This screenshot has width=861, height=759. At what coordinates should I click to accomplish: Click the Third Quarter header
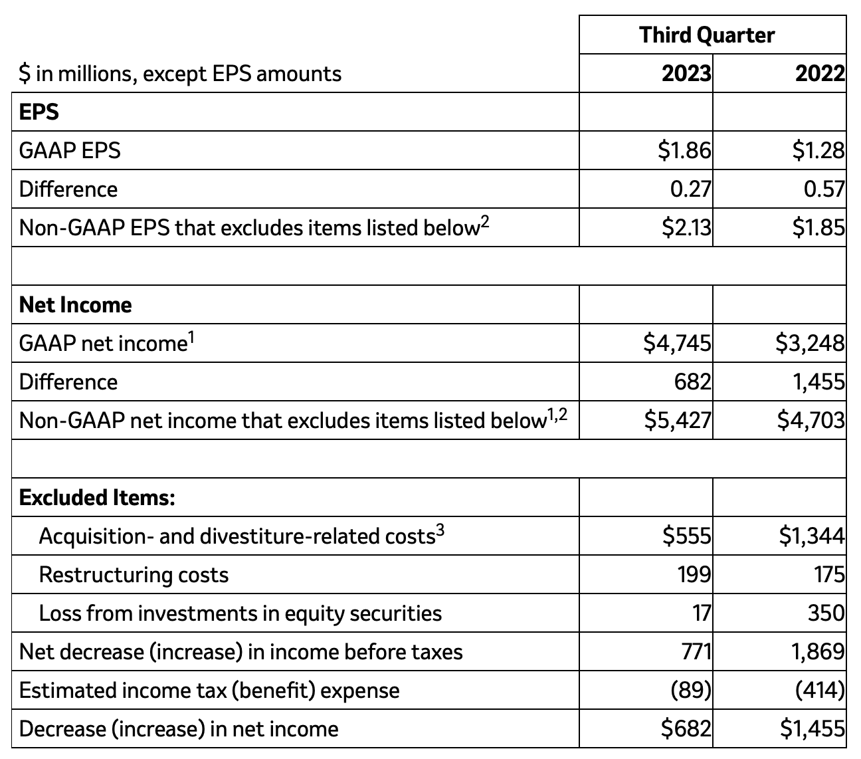tap(707, 35)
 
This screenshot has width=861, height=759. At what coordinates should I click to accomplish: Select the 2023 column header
tap(686, 73)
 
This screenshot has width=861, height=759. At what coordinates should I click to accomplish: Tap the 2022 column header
tap(820, 73)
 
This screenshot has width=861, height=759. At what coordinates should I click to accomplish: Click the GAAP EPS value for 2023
tap(684, 151)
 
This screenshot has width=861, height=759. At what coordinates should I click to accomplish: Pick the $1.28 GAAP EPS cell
tap(818, 151)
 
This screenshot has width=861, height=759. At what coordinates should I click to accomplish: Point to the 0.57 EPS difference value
tap(824, 189)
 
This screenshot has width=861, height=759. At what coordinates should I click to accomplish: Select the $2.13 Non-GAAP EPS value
tap(686, 228)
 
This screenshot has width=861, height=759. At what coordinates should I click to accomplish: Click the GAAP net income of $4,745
tap(677, 343)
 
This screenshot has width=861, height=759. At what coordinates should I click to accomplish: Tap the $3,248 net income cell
tap(811, 343)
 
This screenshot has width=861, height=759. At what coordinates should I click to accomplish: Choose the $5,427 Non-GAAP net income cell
tap(677, 420)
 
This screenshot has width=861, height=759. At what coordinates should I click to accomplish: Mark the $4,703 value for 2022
tap(811, 420)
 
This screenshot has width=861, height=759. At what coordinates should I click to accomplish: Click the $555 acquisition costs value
tap(686, 536)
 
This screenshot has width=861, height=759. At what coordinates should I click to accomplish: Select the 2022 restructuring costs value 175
tap(829, 574)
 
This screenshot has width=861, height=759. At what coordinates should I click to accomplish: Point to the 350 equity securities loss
tap(826, 613)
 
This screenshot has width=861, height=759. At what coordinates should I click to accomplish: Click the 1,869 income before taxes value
tap(818, 651)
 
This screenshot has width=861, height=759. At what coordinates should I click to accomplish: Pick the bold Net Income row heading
tap(75, 305)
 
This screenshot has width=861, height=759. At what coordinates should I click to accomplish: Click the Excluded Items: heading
tap(97, 497)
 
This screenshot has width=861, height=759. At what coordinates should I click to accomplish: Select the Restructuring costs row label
tap(134, 575)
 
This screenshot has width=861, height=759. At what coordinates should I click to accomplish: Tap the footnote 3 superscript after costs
tap(439, 530)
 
